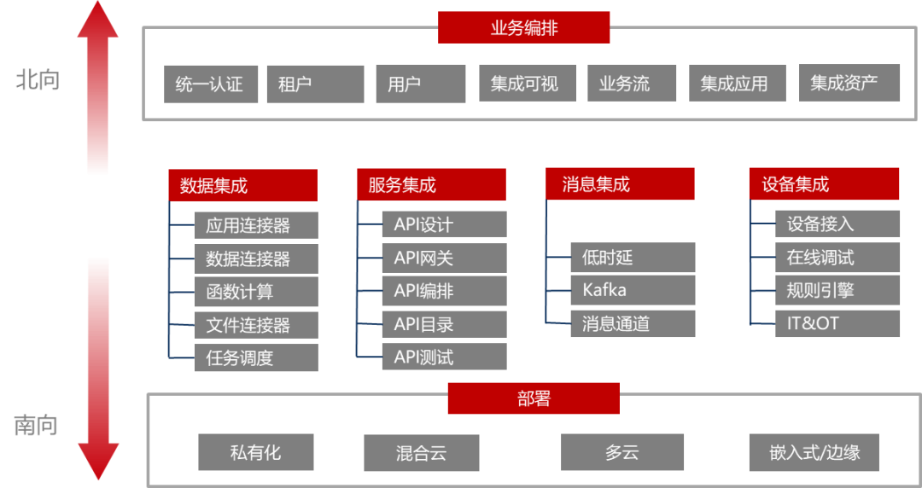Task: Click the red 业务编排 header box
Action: (523, 27)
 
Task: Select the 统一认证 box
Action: (211, 84)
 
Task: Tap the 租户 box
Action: (315, 84)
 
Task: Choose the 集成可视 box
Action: (524, 84)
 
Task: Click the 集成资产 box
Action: (849, 83)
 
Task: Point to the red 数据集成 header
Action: (242, 185)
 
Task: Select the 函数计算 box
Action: (255, 292)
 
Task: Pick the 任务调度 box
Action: (255, 357)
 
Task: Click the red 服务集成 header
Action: (431, 185)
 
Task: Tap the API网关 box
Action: (444, 258)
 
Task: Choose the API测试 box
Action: (444, 357)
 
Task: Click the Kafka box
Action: (633, 290)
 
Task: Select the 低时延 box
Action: (633, 258)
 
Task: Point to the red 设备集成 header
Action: (824, 184)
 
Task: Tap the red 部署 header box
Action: (533, 398)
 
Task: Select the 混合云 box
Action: (422, 453)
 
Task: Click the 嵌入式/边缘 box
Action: (813, 452)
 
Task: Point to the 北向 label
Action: (37, 81)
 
